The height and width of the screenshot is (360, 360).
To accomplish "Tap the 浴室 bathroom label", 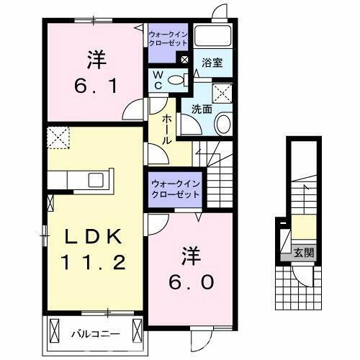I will click(212, 63).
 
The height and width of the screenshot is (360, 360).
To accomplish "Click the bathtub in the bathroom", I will click(214, 37).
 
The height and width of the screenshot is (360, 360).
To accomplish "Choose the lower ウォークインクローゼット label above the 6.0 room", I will click(175, 189).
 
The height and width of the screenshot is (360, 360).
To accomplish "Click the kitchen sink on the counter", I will click(95, 178).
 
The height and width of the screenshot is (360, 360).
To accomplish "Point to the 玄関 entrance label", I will click(304, 253).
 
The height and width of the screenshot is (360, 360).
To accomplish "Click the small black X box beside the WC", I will click(186, 60).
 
